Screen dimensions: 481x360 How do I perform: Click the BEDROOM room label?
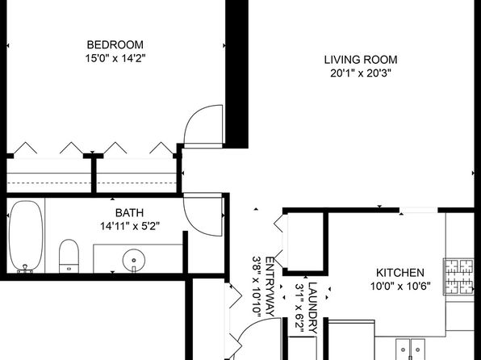(x=115, y=45)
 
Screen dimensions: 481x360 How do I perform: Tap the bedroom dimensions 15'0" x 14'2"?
(x=115, y=58)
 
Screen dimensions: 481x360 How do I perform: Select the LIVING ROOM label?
(x=361, y=60)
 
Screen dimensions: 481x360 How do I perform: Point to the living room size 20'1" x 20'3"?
(x=361, y=73)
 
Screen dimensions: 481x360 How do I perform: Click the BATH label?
(x=129, y=212)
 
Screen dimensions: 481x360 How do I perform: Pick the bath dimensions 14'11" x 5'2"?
(x=130, y=227)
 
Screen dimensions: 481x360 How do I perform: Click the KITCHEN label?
(x=400, y=273)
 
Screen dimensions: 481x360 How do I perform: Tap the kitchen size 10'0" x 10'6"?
(x=400, y=287)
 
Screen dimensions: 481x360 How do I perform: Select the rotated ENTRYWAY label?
(x=270, y=287)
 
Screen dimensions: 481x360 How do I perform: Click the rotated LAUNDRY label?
(x=312, y=308)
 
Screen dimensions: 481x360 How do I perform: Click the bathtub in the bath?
(x=26, y=236)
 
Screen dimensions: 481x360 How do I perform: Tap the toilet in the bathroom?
(x=69, y=256)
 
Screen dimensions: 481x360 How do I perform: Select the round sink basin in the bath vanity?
(x=134, y=260)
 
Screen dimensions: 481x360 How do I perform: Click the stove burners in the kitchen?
(x=458, y=277)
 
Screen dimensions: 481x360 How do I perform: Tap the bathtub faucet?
(x=25, y=269)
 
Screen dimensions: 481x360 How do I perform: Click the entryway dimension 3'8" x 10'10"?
(x=257, y=287)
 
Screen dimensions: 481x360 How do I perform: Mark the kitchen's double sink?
(x=410, y=350)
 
